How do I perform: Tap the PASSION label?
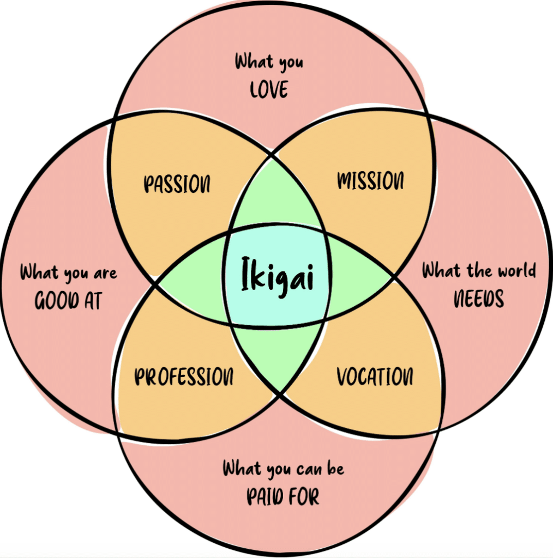177,185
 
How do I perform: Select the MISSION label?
371,181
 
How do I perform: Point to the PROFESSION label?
184,377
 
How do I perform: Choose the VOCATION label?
375,377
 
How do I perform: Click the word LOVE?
269,90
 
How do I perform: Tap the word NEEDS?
479,299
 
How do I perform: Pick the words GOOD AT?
68,300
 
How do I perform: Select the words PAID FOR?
283,497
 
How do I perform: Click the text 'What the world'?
479,270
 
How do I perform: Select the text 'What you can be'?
283,469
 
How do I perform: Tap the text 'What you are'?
68,272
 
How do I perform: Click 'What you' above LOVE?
269,62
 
